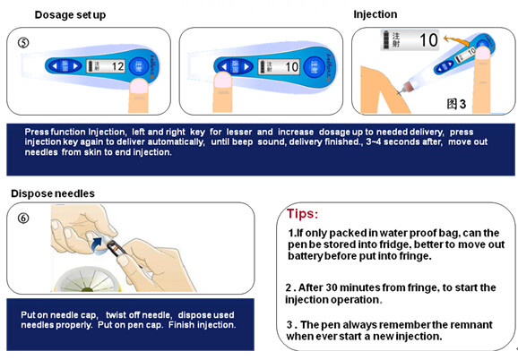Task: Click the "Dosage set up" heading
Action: (70, 15)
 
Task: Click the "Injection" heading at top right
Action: (376, 14)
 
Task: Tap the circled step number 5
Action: (23, 43)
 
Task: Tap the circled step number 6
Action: (23, 219)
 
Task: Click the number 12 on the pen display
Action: (117, 66)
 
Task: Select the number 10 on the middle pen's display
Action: (291, 67)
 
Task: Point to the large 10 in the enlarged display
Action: (428, 40)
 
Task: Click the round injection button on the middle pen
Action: (313, 66)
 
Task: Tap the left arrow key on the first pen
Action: (55, 66)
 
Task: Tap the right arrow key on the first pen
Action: (75, 66)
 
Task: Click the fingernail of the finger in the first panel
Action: (139, 87)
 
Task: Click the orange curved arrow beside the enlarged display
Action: (455, 41)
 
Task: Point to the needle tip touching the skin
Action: (400, 92)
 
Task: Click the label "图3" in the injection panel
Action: (456, 104)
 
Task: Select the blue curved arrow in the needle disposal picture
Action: (97, 245)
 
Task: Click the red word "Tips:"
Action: (302, 214)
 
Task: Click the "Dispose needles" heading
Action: (53, 193)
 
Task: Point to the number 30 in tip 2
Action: (332, 287)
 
